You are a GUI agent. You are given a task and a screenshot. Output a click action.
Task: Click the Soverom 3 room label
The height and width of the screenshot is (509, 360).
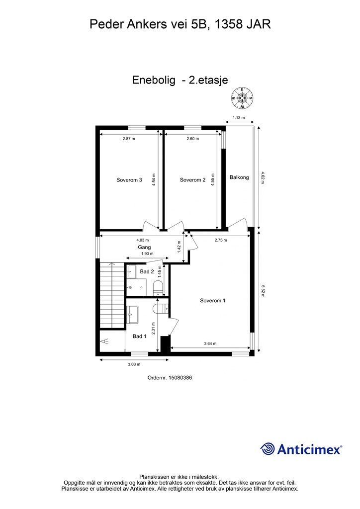(129, 180)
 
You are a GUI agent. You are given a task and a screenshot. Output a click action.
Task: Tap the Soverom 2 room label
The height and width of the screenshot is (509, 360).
(193, 180)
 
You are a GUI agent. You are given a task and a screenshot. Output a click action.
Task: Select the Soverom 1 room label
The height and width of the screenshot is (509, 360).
(213, 301)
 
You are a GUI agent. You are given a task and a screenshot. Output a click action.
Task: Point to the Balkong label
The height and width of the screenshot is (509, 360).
(239, 177)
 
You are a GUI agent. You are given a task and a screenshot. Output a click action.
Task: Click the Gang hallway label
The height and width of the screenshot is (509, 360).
(144, 248)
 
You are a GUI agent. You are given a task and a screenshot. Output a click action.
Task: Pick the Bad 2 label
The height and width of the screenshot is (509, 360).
(147, 271)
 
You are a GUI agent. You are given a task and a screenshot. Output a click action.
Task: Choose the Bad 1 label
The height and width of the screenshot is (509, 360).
(140, 337)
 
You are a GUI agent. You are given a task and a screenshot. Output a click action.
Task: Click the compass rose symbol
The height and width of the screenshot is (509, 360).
(242, 98)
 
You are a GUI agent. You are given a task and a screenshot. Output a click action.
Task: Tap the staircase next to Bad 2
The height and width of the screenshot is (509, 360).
(112, 296)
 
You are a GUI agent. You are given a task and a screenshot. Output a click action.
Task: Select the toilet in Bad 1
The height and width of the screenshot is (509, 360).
(160, 308)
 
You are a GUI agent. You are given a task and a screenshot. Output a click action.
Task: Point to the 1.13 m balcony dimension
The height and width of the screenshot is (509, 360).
(239, 117)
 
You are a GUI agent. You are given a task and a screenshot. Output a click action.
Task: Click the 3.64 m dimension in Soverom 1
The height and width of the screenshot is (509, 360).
(210, 343)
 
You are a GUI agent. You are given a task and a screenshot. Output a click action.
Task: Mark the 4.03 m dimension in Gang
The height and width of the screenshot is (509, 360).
(143, 240)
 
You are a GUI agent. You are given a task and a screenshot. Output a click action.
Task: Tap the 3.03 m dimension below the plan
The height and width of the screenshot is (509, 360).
(134, 364)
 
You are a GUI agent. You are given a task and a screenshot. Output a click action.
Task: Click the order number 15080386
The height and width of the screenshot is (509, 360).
(180, 378)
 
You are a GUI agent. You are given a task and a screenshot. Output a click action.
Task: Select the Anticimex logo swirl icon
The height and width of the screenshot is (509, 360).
(268, 449)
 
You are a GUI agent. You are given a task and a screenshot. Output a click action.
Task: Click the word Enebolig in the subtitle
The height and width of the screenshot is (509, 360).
(154, 80)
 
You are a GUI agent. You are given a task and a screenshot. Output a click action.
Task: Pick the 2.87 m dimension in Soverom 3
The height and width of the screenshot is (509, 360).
(129, 139)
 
